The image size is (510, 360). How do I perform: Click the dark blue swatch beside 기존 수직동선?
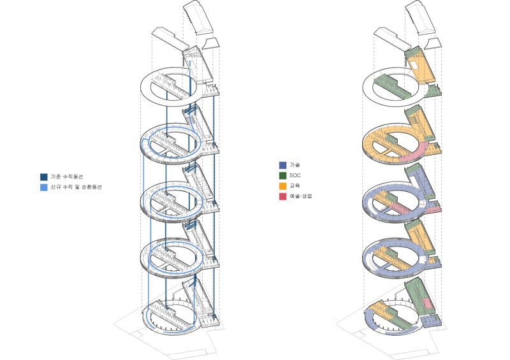(x=44, y=177)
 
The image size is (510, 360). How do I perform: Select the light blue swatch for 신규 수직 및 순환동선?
(x=44, y=187)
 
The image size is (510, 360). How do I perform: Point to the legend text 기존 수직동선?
(x=67, y=177)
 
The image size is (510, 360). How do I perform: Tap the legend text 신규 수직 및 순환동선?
(x=76, y=187)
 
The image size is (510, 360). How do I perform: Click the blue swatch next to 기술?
(x=282, y=165)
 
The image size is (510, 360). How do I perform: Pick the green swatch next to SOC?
(x=282, y=176)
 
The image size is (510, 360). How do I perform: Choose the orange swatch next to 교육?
(x=282, y=186)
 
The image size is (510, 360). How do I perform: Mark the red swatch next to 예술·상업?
(x=282, y=196)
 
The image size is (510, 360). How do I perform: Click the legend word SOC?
(x=295, y=176)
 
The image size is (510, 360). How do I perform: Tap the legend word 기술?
(x=295, y=165)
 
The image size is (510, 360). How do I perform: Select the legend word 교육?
(x=295, y=186)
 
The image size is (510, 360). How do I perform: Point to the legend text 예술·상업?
(x=300, y=196)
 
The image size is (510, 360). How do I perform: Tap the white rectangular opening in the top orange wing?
(x=416, y=65)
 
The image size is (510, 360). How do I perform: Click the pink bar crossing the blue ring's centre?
(x=404, y=209)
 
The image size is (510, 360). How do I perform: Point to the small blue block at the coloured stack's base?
(x=431, y=321)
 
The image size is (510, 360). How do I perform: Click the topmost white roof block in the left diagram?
(x=198, y=17)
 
